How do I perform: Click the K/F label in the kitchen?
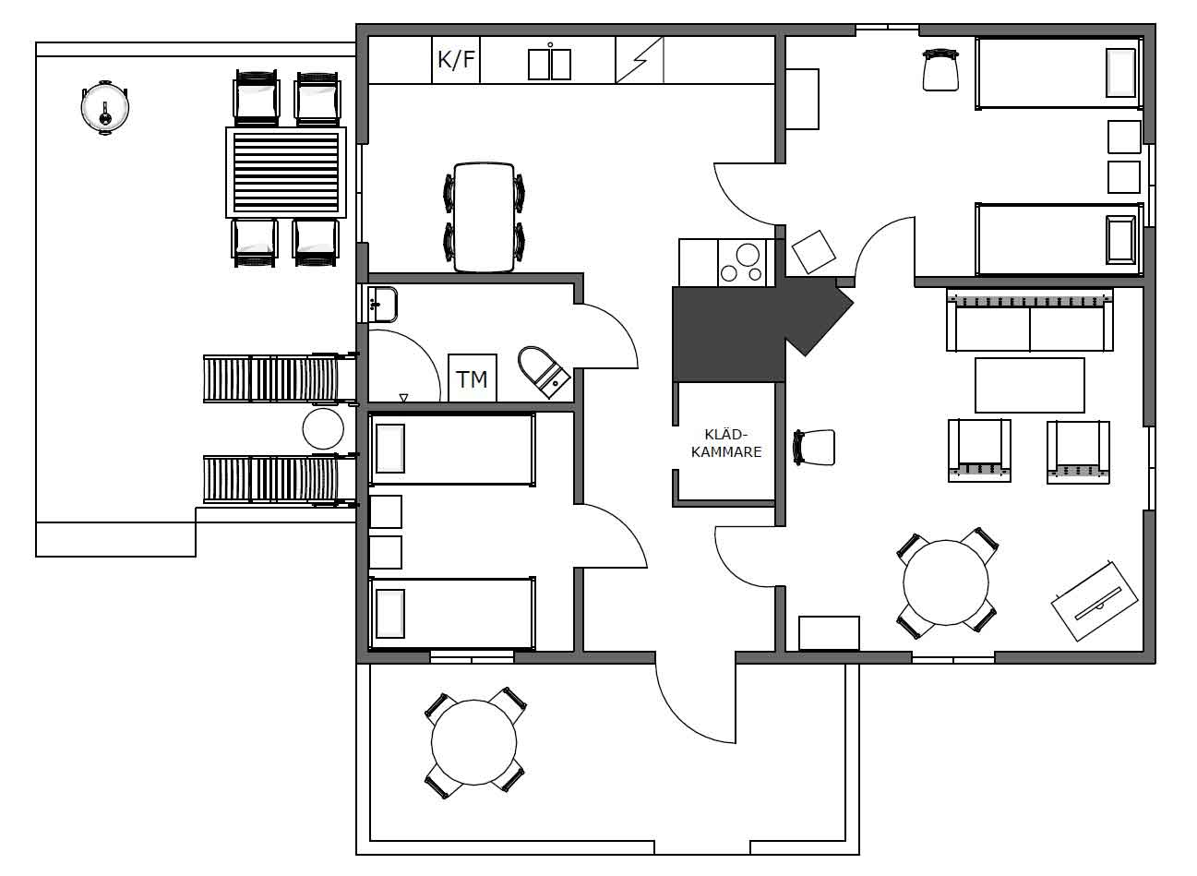(456, 60)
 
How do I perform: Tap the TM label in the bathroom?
(473, 379)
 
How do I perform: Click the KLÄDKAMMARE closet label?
(726, 443)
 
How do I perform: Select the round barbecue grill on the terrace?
(104, 107)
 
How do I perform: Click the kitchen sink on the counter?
(549, 62)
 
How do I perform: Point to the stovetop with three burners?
(742, 262)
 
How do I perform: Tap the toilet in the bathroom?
(544, 372)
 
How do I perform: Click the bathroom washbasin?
(381, 305)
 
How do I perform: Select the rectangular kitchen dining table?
(485, 218)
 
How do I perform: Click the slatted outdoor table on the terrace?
(286, 172)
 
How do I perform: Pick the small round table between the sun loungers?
(323, 428)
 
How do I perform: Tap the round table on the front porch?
(474, 743)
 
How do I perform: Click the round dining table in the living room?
(946, 582)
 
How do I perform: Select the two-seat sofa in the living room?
(1030, 319)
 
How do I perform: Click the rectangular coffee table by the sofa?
(1030, 385)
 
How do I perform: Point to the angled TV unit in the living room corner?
(1095, 601)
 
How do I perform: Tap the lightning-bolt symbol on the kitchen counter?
(640, 60)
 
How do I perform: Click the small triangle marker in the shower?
(403, 398)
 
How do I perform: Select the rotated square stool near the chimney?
(813, 252)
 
